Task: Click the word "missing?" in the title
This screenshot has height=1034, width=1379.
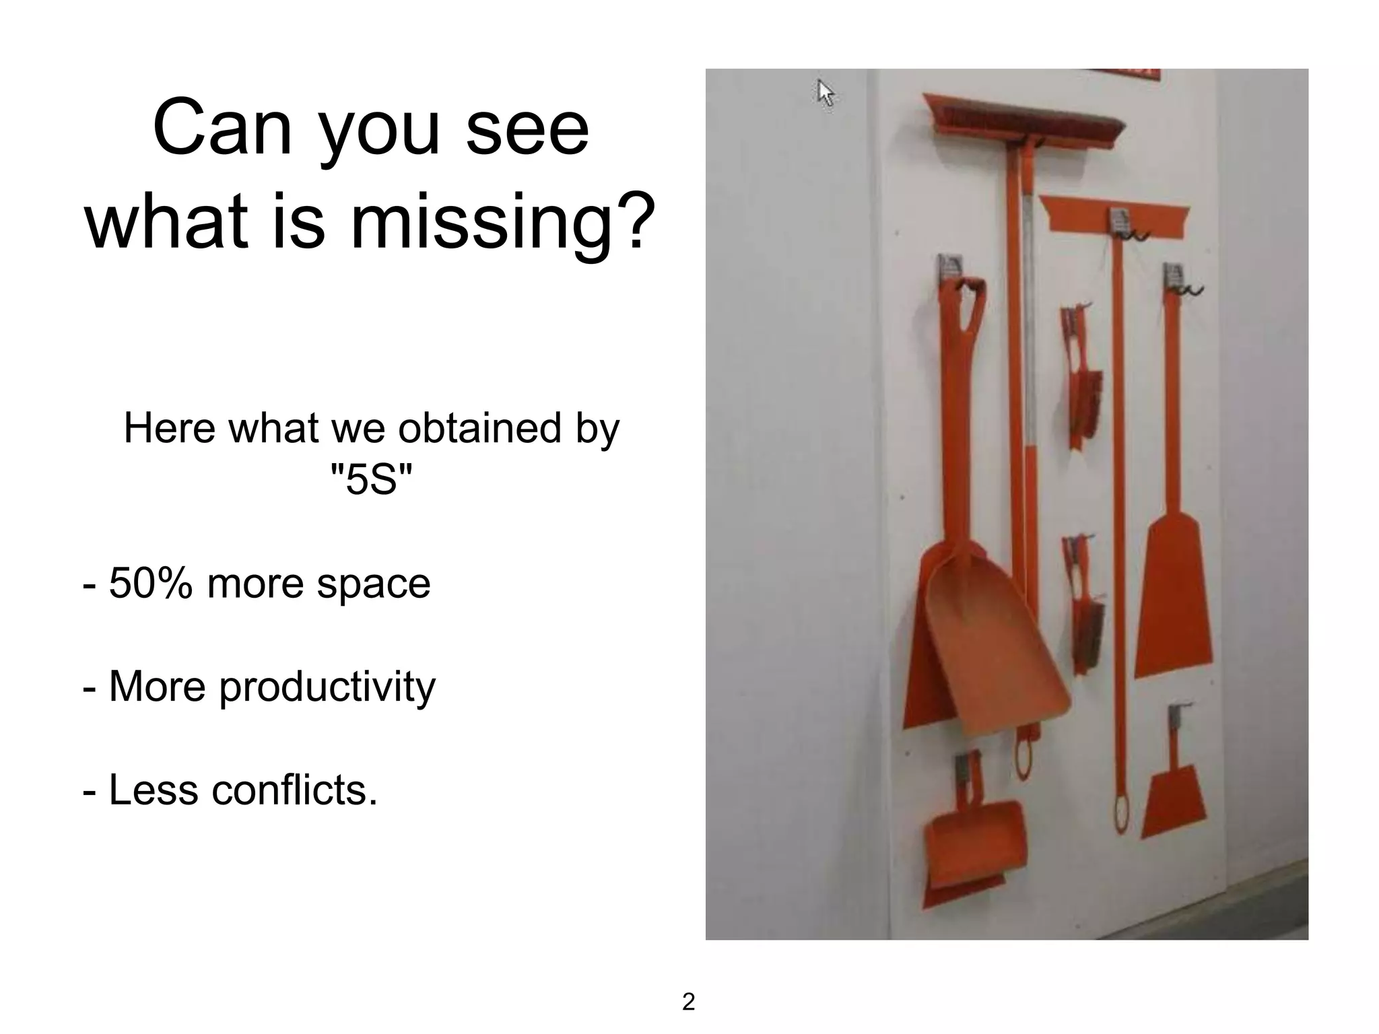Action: click(x=503, y=222)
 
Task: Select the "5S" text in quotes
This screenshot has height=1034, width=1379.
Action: click(x=371, y=479)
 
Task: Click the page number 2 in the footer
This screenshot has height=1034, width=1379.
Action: click(x=688, y=1002)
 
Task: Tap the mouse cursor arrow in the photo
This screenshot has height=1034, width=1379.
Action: click(x=825, y=92)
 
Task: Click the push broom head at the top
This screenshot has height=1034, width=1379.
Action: click(x=1023, y=122)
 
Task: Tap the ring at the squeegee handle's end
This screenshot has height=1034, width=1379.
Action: click(x=1120, y=815)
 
